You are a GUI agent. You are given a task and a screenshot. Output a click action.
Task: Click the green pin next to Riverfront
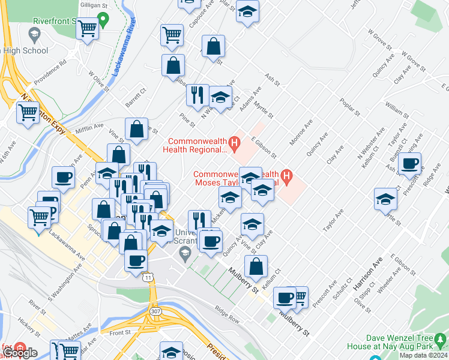103,20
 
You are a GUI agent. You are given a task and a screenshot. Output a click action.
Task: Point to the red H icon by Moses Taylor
287,178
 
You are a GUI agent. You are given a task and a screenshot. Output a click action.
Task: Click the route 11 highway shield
148,277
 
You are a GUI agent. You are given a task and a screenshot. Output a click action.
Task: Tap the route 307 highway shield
155,310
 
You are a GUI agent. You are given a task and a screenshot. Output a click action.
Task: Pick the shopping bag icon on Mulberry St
256,267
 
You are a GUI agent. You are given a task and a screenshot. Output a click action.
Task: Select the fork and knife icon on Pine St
197,95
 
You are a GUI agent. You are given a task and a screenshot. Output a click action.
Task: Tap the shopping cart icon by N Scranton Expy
28,113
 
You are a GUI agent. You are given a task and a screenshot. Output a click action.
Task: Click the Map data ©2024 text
423,355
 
